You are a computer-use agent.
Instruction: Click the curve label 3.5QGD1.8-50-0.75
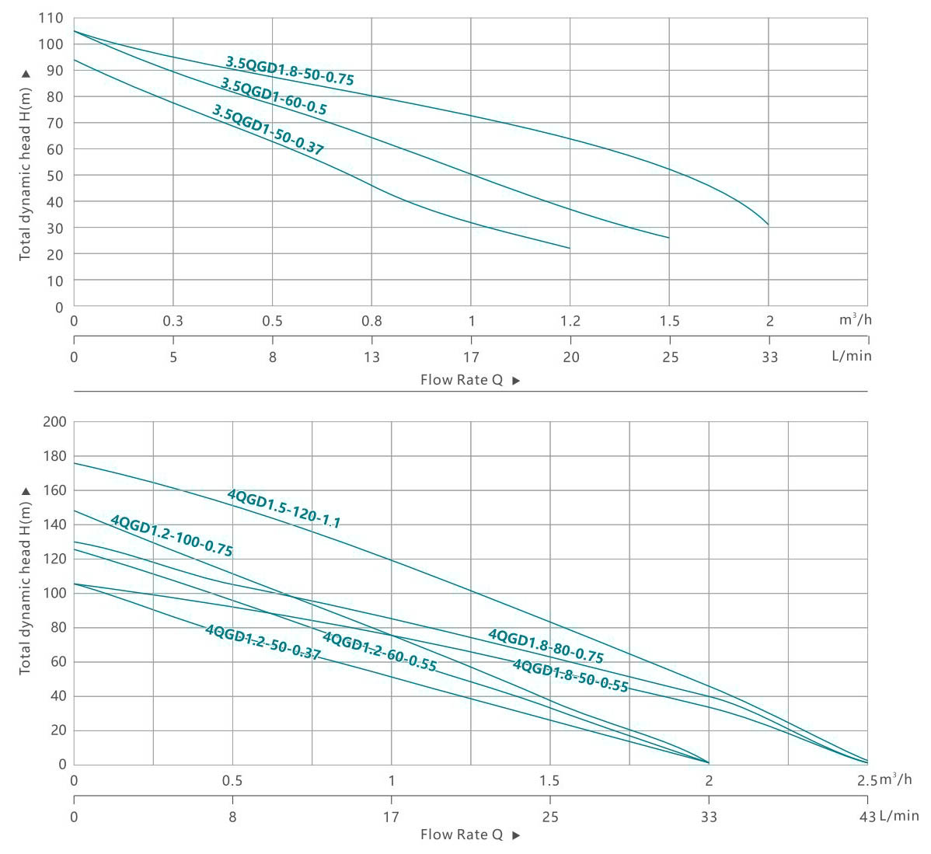[x=290, y=71]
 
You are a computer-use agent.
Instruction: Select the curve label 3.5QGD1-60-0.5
[x=274, y=96]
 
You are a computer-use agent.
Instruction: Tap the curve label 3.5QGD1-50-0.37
[x=267, y=130]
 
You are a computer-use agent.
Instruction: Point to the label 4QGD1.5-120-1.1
[x=284, y=508]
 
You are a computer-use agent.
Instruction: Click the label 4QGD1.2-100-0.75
[x=172, y=535]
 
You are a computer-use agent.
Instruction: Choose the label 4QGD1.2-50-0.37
[x=263, y=642]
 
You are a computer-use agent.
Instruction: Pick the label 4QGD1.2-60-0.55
[x=379, y=652]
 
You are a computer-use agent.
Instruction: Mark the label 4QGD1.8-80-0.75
[x=546, y=646]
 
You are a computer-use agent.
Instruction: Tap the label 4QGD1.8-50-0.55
[x=570, y=675]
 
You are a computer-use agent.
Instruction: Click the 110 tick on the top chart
[x=51, y=18]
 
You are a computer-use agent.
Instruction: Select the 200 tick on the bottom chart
[x=54, y=422]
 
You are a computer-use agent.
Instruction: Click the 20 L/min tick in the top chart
[x=570, y=357]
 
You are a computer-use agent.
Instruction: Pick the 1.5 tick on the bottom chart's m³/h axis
[x=549, y=781]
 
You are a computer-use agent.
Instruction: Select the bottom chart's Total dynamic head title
[x=26, y=581]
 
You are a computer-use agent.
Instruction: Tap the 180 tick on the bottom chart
[x=54, y=456]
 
